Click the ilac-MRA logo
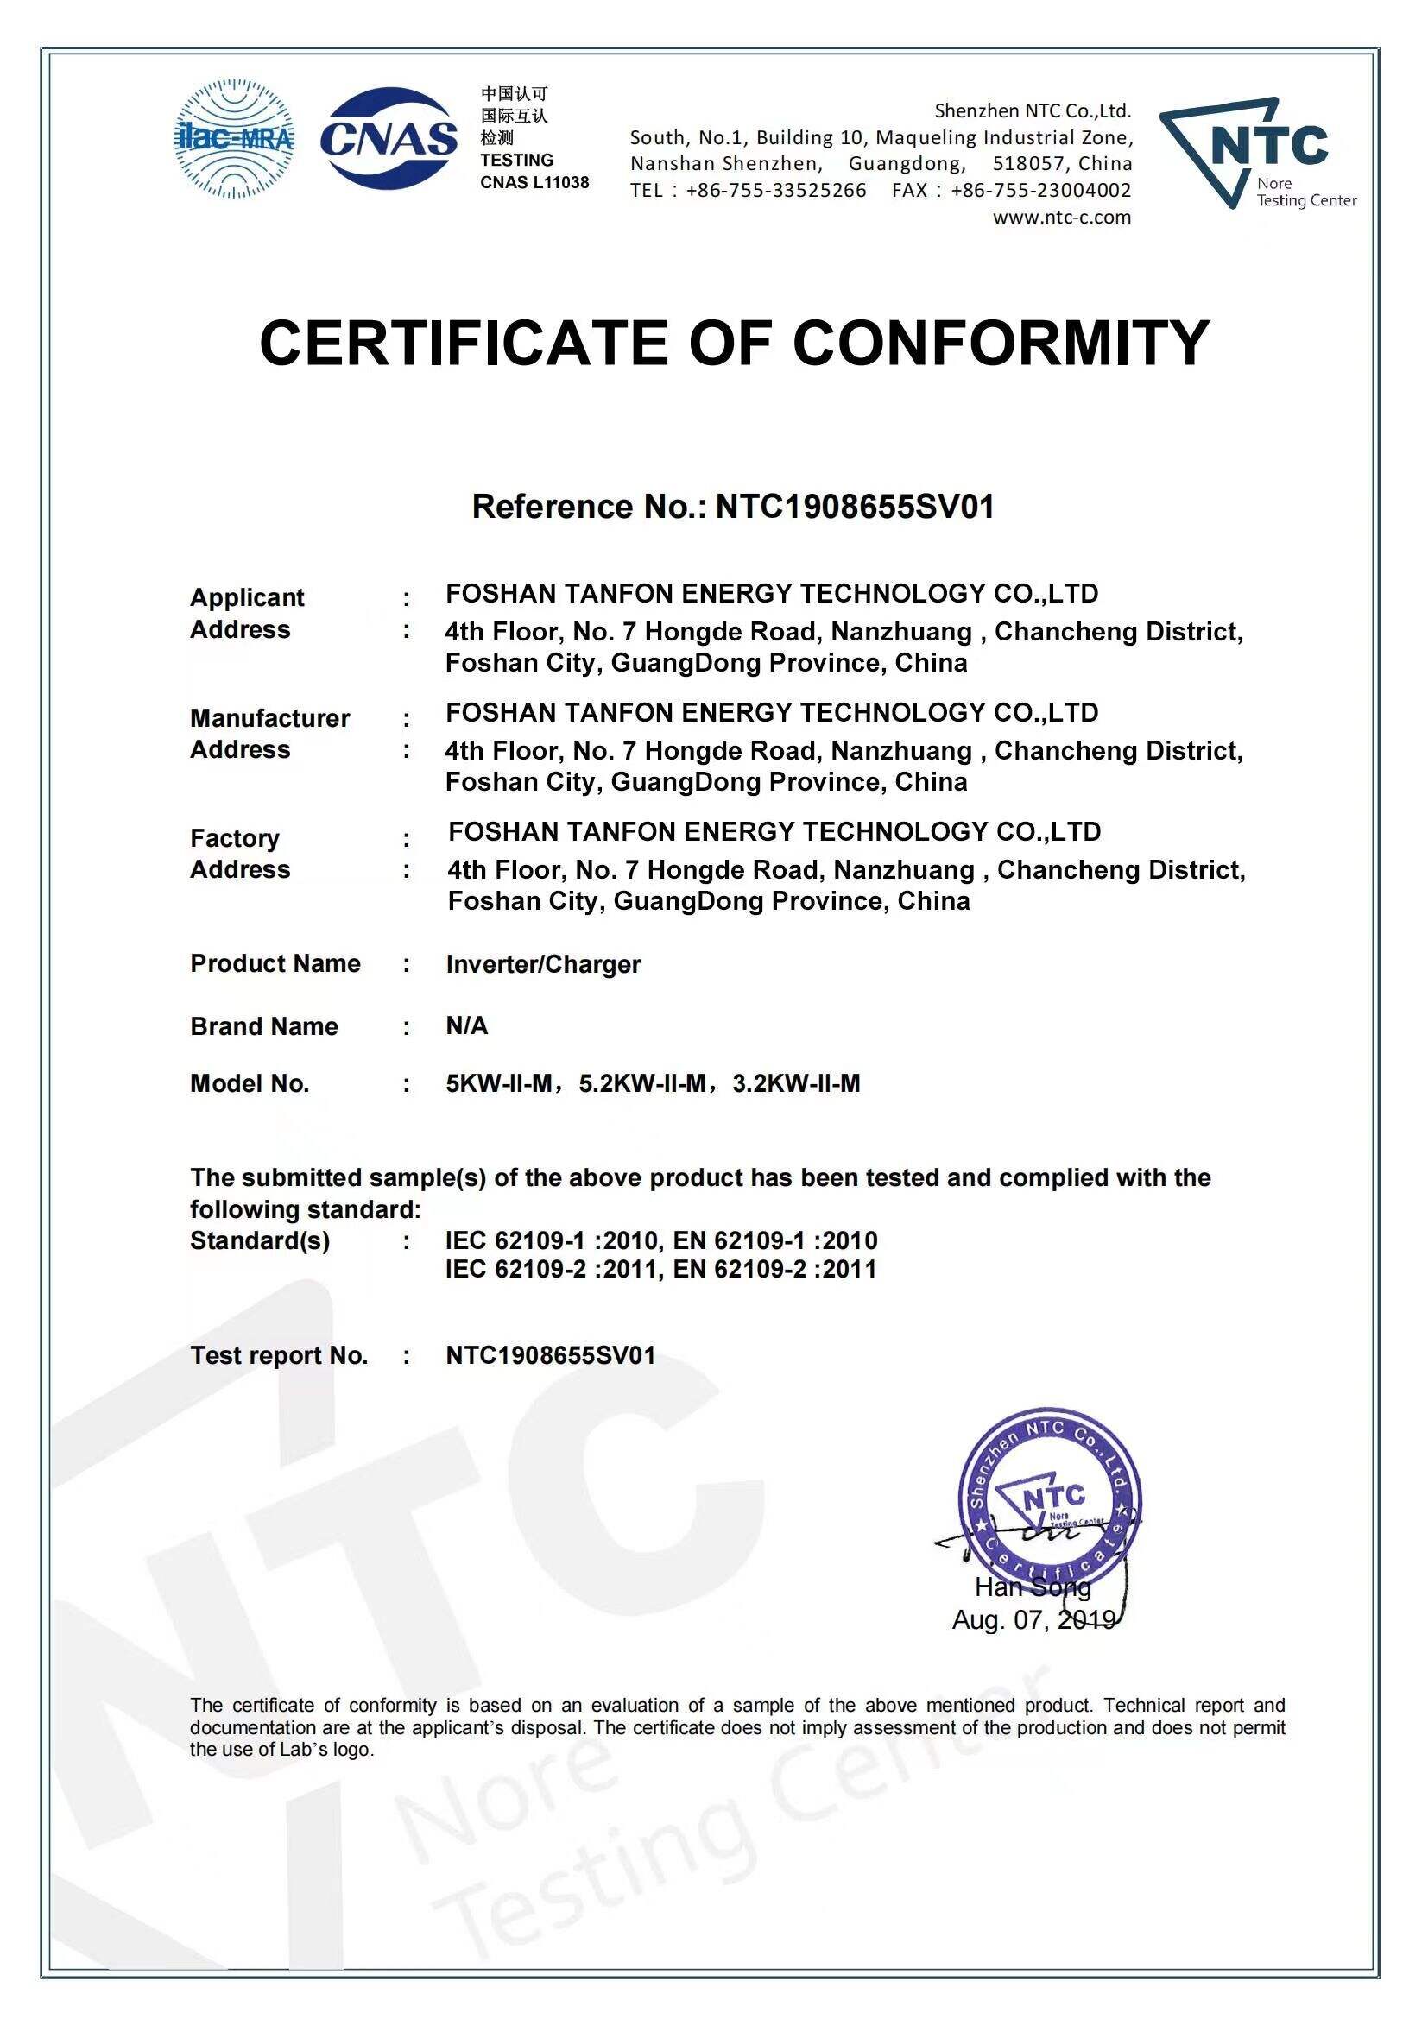point(236,140)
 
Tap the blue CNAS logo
point(389,139)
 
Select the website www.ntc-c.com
point(1062,218)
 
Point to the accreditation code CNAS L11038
point(534,183)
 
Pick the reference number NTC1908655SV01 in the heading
point(856,508)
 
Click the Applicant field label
point(247,597)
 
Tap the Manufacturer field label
point(269,717)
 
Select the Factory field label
point(235,837)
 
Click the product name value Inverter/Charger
point(542,964)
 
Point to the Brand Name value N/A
point(466,1025)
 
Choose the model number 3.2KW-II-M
point(796,1083)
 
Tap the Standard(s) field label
point(259,1240)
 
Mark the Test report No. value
point(551,1355)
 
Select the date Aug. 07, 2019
point(1033,1618)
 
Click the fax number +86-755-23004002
point(1041,191)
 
